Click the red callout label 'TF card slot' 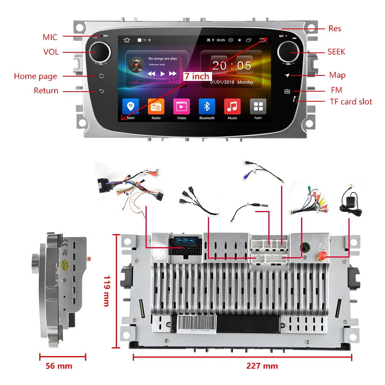point(351,102)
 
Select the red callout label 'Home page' point(35,76)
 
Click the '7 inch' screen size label point(197,76)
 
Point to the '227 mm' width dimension point(262,366)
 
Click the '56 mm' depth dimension point(59,366)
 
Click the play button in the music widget point(163,74)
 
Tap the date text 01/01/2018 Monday point(231,82)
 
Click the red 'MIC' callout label point(50,37)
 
